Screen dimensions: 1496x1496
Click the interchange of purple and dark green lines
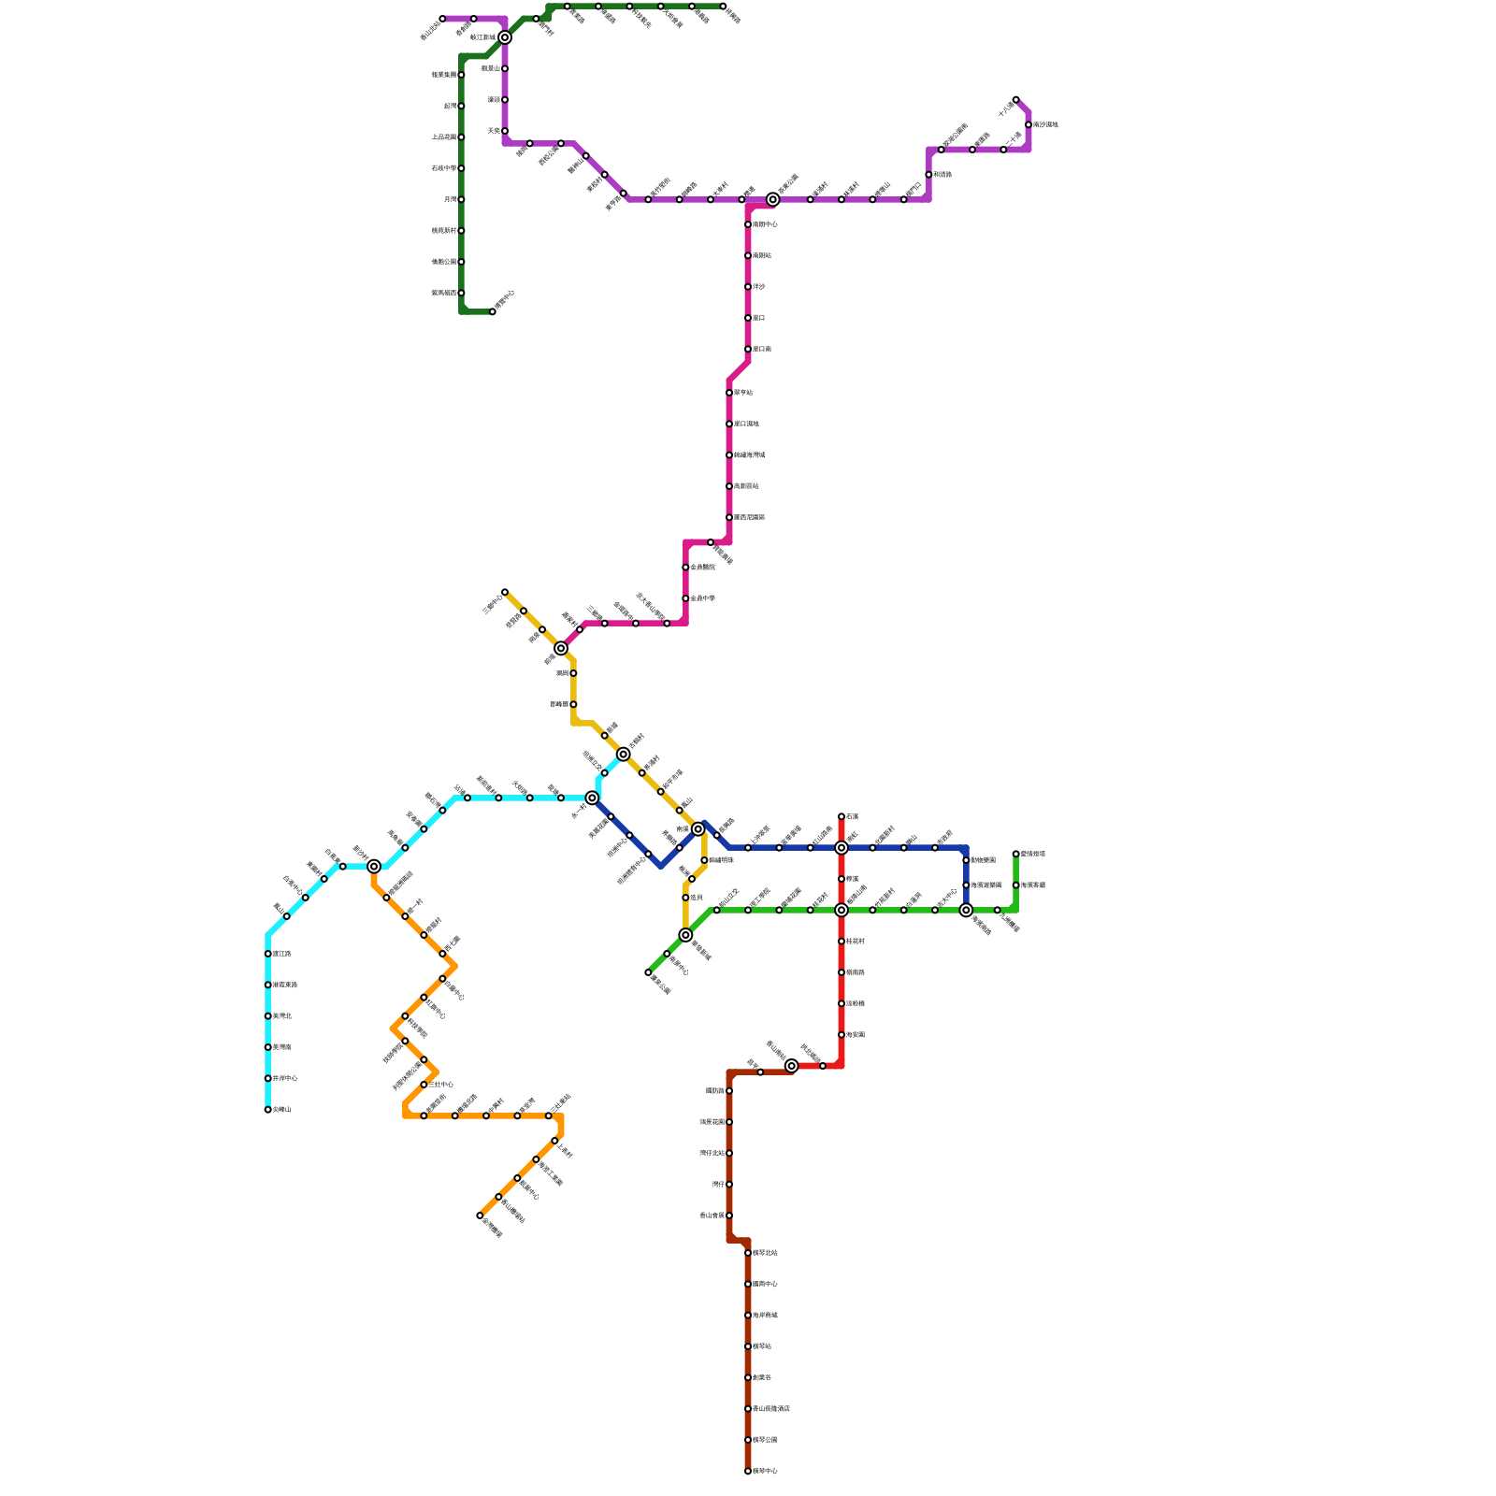click(505, 37)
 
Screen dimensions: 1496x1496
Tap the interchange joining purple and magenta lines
click(772, 199)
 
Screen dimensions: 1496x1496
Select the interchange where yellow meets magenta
click(561, 648)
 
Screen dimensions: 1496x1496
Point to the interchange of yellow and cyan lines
click(623, 754)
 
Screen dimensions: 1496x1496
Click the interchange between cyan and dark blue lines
click(592, 798)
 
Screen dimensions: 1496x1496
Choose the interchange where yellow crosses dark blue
click(698, 829)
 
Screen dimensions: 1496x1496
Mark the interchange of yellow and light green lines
click(685, 935)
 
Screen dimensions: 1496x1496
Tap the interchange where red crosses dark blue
click(841, 848)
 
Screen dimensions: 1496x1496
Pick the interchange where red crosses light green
click(841, 910)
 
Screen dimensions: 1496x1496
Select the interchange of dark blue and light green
click(966, 910)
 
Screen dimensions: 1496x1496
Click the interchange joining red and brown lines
click(791, 1066)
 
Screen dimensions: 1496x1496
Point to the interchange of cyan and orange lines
click(374, 867)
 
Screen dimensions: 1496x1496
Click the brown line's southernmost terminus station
click(748, 1471)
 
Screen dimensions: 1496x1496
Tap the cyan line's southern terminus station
click(267, 1110)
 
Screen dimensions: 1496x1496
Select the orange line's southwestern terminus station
click(480, 1215)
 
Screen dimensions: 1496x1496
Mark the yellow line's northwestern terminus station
click(505, 592)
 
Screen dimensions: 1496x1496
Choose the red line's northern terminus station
click(841, 816)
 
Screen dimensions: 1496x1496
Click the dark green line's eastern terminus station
click(723, 7)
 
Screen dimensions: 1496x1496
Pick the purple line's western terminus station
click(442, 19)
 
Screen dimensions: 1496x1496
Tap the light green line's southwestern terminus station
click(648, 972)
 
